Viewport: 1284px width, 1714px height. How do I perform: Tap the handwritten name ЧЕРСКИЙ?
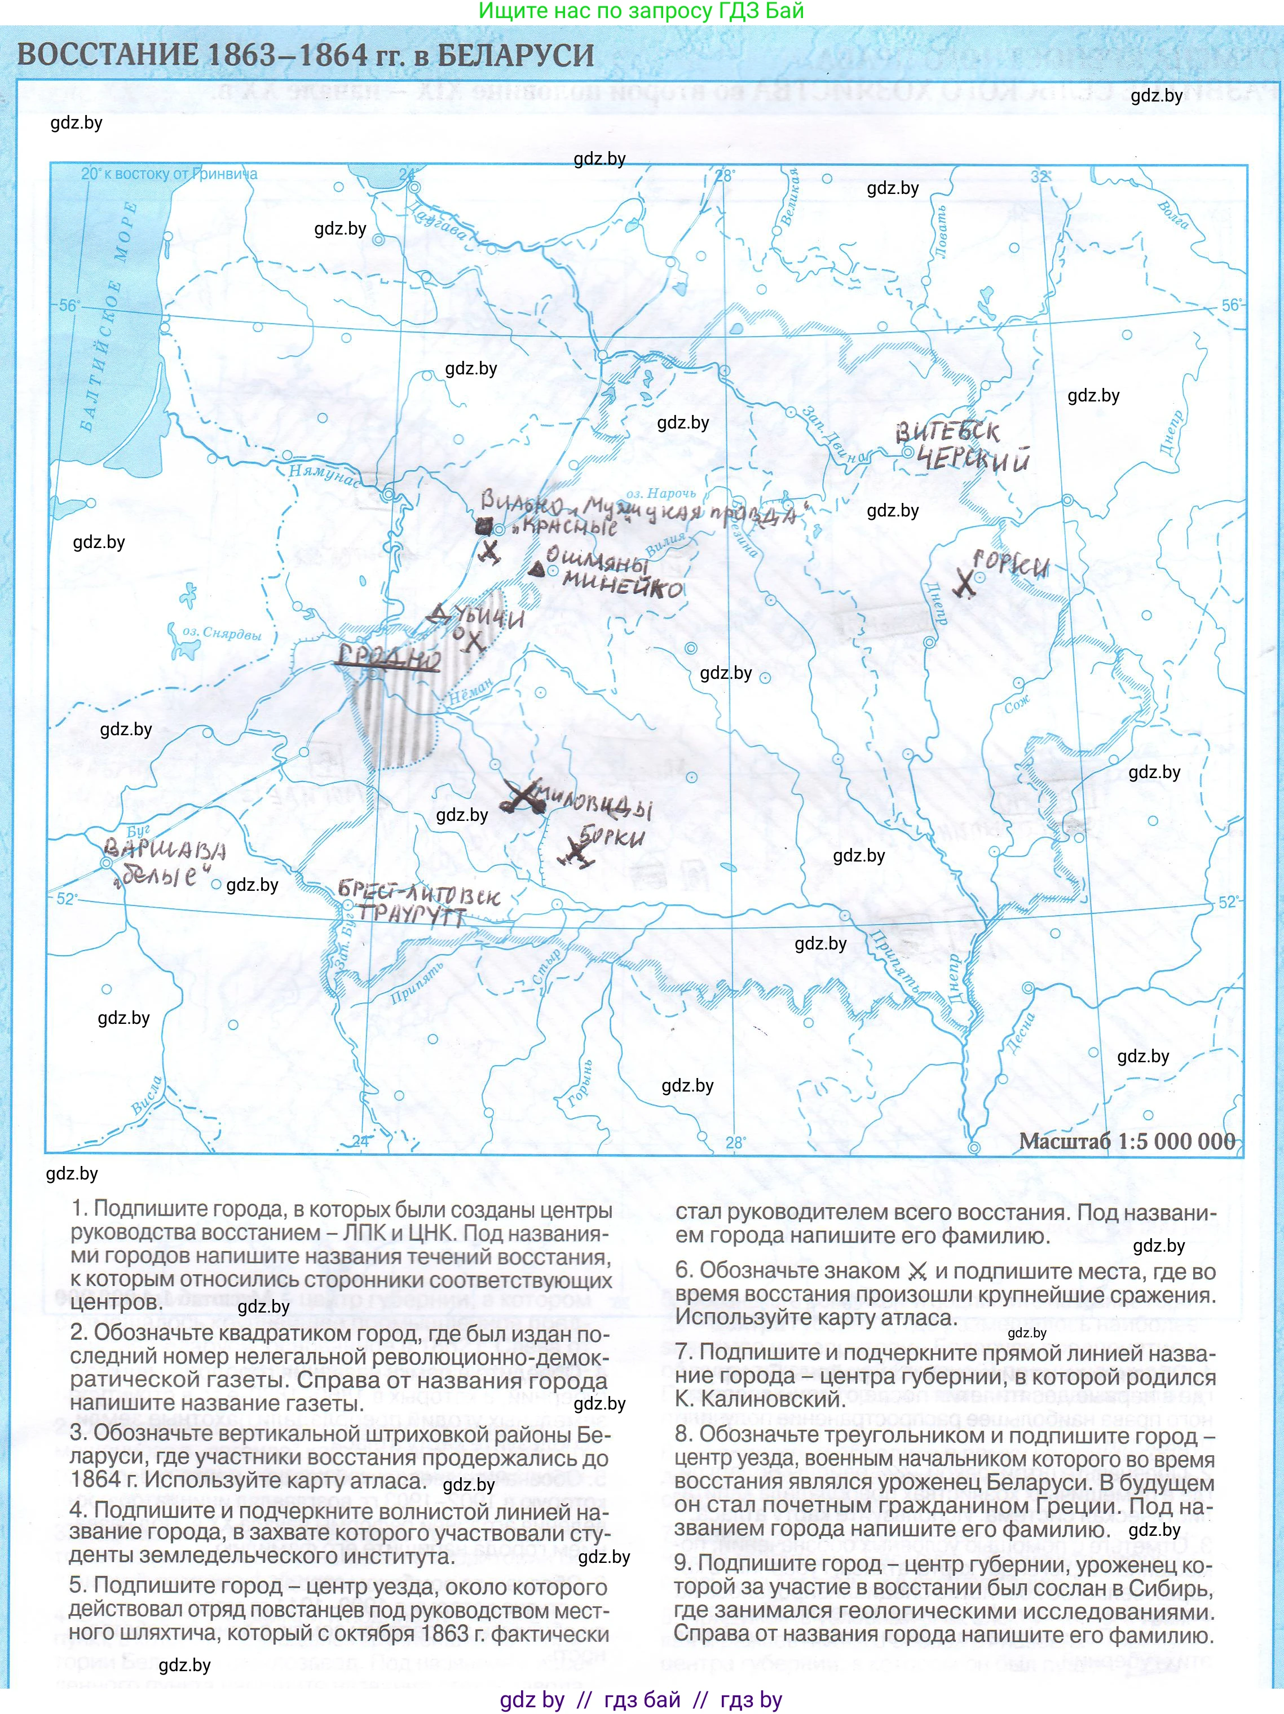[973, 460]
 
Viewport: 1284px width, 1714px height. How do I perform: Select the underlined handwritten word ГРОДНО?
[389, 658]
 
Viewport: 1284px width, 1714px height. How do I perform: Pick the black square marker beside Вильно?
[484, 527]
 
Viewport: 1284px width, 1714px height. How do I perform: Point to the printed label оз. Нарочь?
[660, 493]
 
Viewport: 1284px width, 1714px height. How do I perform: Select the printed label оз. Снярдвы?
[222, 633]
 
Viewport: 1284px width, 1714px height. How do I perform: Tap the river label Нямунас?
[324, 474]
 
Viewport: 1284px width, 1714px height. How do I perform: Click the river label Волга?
[1172, 215]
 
